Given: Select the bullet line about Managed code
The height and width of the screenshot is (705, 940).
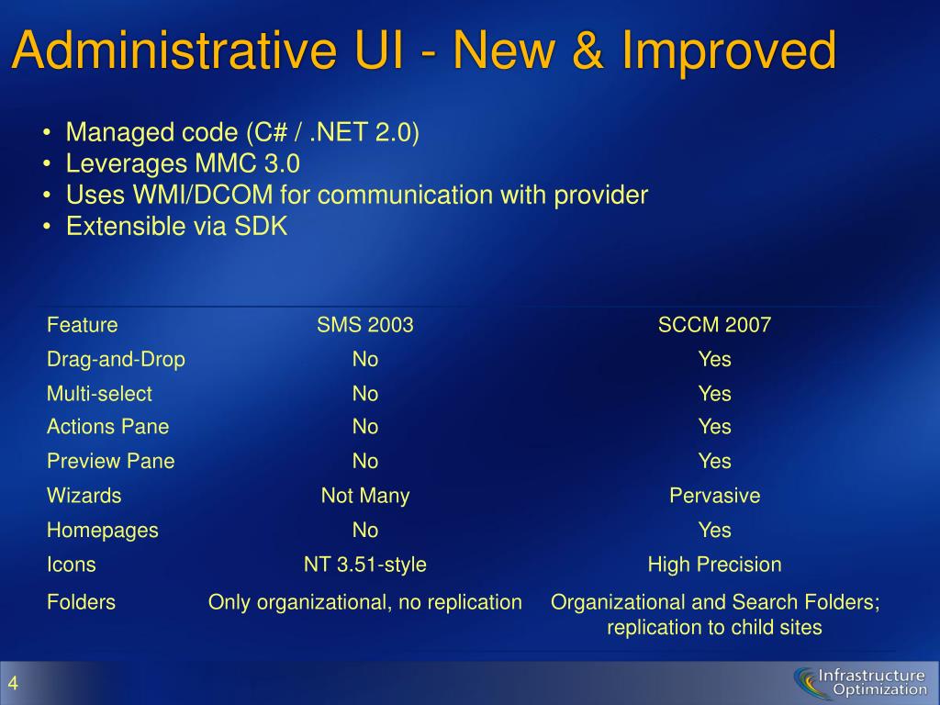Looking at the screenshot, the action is (x=242, y=132).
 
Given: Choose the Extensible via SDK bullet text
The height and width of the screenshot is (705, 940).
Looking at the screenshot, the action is (x=177, y=227).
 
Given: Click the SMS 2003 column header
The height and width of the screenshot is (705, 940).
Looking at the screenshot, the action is (x=365, y=325).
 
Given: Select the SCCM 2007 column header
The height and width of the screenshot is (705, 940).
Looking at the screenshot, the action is (x=714, y=325).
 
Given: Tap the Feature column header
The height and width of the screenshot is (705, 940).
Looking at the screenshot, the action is (x=82, y=325).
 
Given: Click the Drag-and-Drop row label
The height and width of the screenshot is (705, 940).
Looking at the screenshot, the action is (x=116, y=360).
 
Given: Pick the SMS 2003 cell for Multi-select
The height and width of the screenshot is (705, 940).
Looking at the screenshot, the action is (x=365, y=394).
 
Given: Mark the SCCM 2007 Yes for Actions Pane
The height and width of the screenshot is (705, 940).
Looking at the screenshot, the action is (x=714, y=427).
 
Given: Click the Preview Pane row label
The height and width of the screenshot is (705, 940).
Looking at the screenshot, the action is (x=111, y=461).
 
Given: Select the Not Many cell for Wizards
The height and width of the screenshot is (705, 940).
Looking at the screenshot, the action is (x=365, y=497).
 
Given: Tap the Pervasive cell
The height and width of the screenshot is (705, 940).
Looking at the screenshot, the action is (x=714, y=496).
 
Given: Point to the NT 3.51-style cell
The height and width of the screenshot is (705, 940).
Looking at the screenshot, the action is (x=365, y=565).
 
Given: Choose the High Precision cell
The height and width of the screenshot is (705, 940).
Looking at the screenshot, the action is (x=714, y=565).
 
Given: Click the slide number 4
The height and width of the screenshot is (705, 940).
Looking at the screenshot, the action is (x=13, y=683).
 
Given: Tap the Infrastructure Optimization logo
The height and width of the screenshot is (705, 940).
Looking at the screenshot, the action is (x=861, y=683).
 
